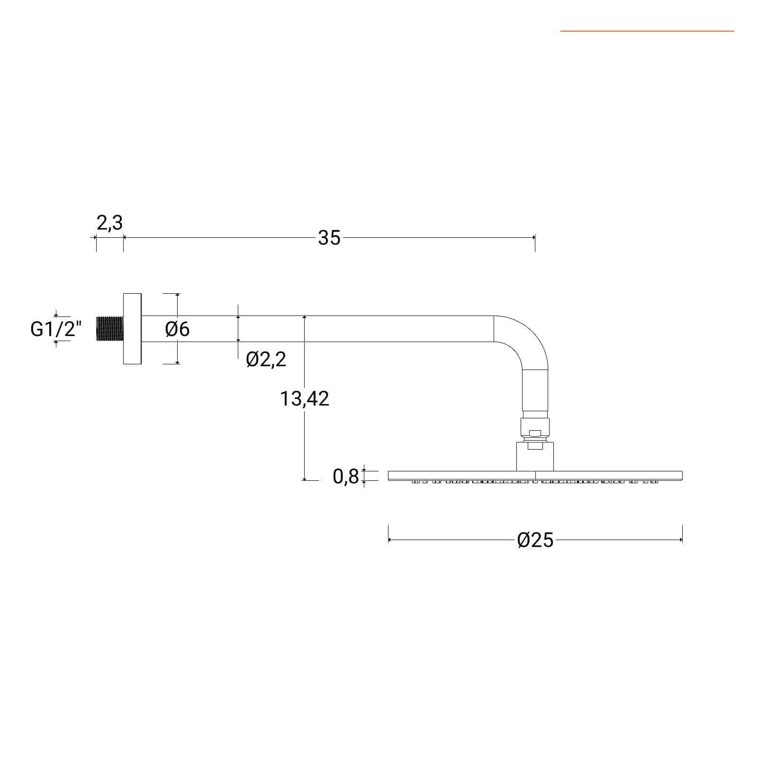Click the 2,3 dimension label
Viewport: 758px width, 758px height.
110,223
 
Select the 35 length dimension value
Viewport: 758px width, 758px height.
329,238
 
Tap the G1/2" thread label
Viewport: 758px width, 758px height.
56,329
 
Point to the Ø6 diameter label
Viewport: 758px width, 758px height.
178,329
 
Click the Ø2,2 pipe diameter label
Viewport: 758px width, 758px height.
266,360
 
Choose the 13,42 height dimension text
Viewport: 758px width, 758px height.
304,399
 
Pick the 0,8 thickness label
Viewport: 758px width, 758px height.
346,477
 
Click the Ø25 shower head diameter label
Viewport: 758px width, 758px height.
535,540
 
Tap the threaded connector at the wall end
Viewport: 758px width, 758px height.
109,329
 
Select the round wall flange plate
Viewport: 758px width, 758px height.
132,329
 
